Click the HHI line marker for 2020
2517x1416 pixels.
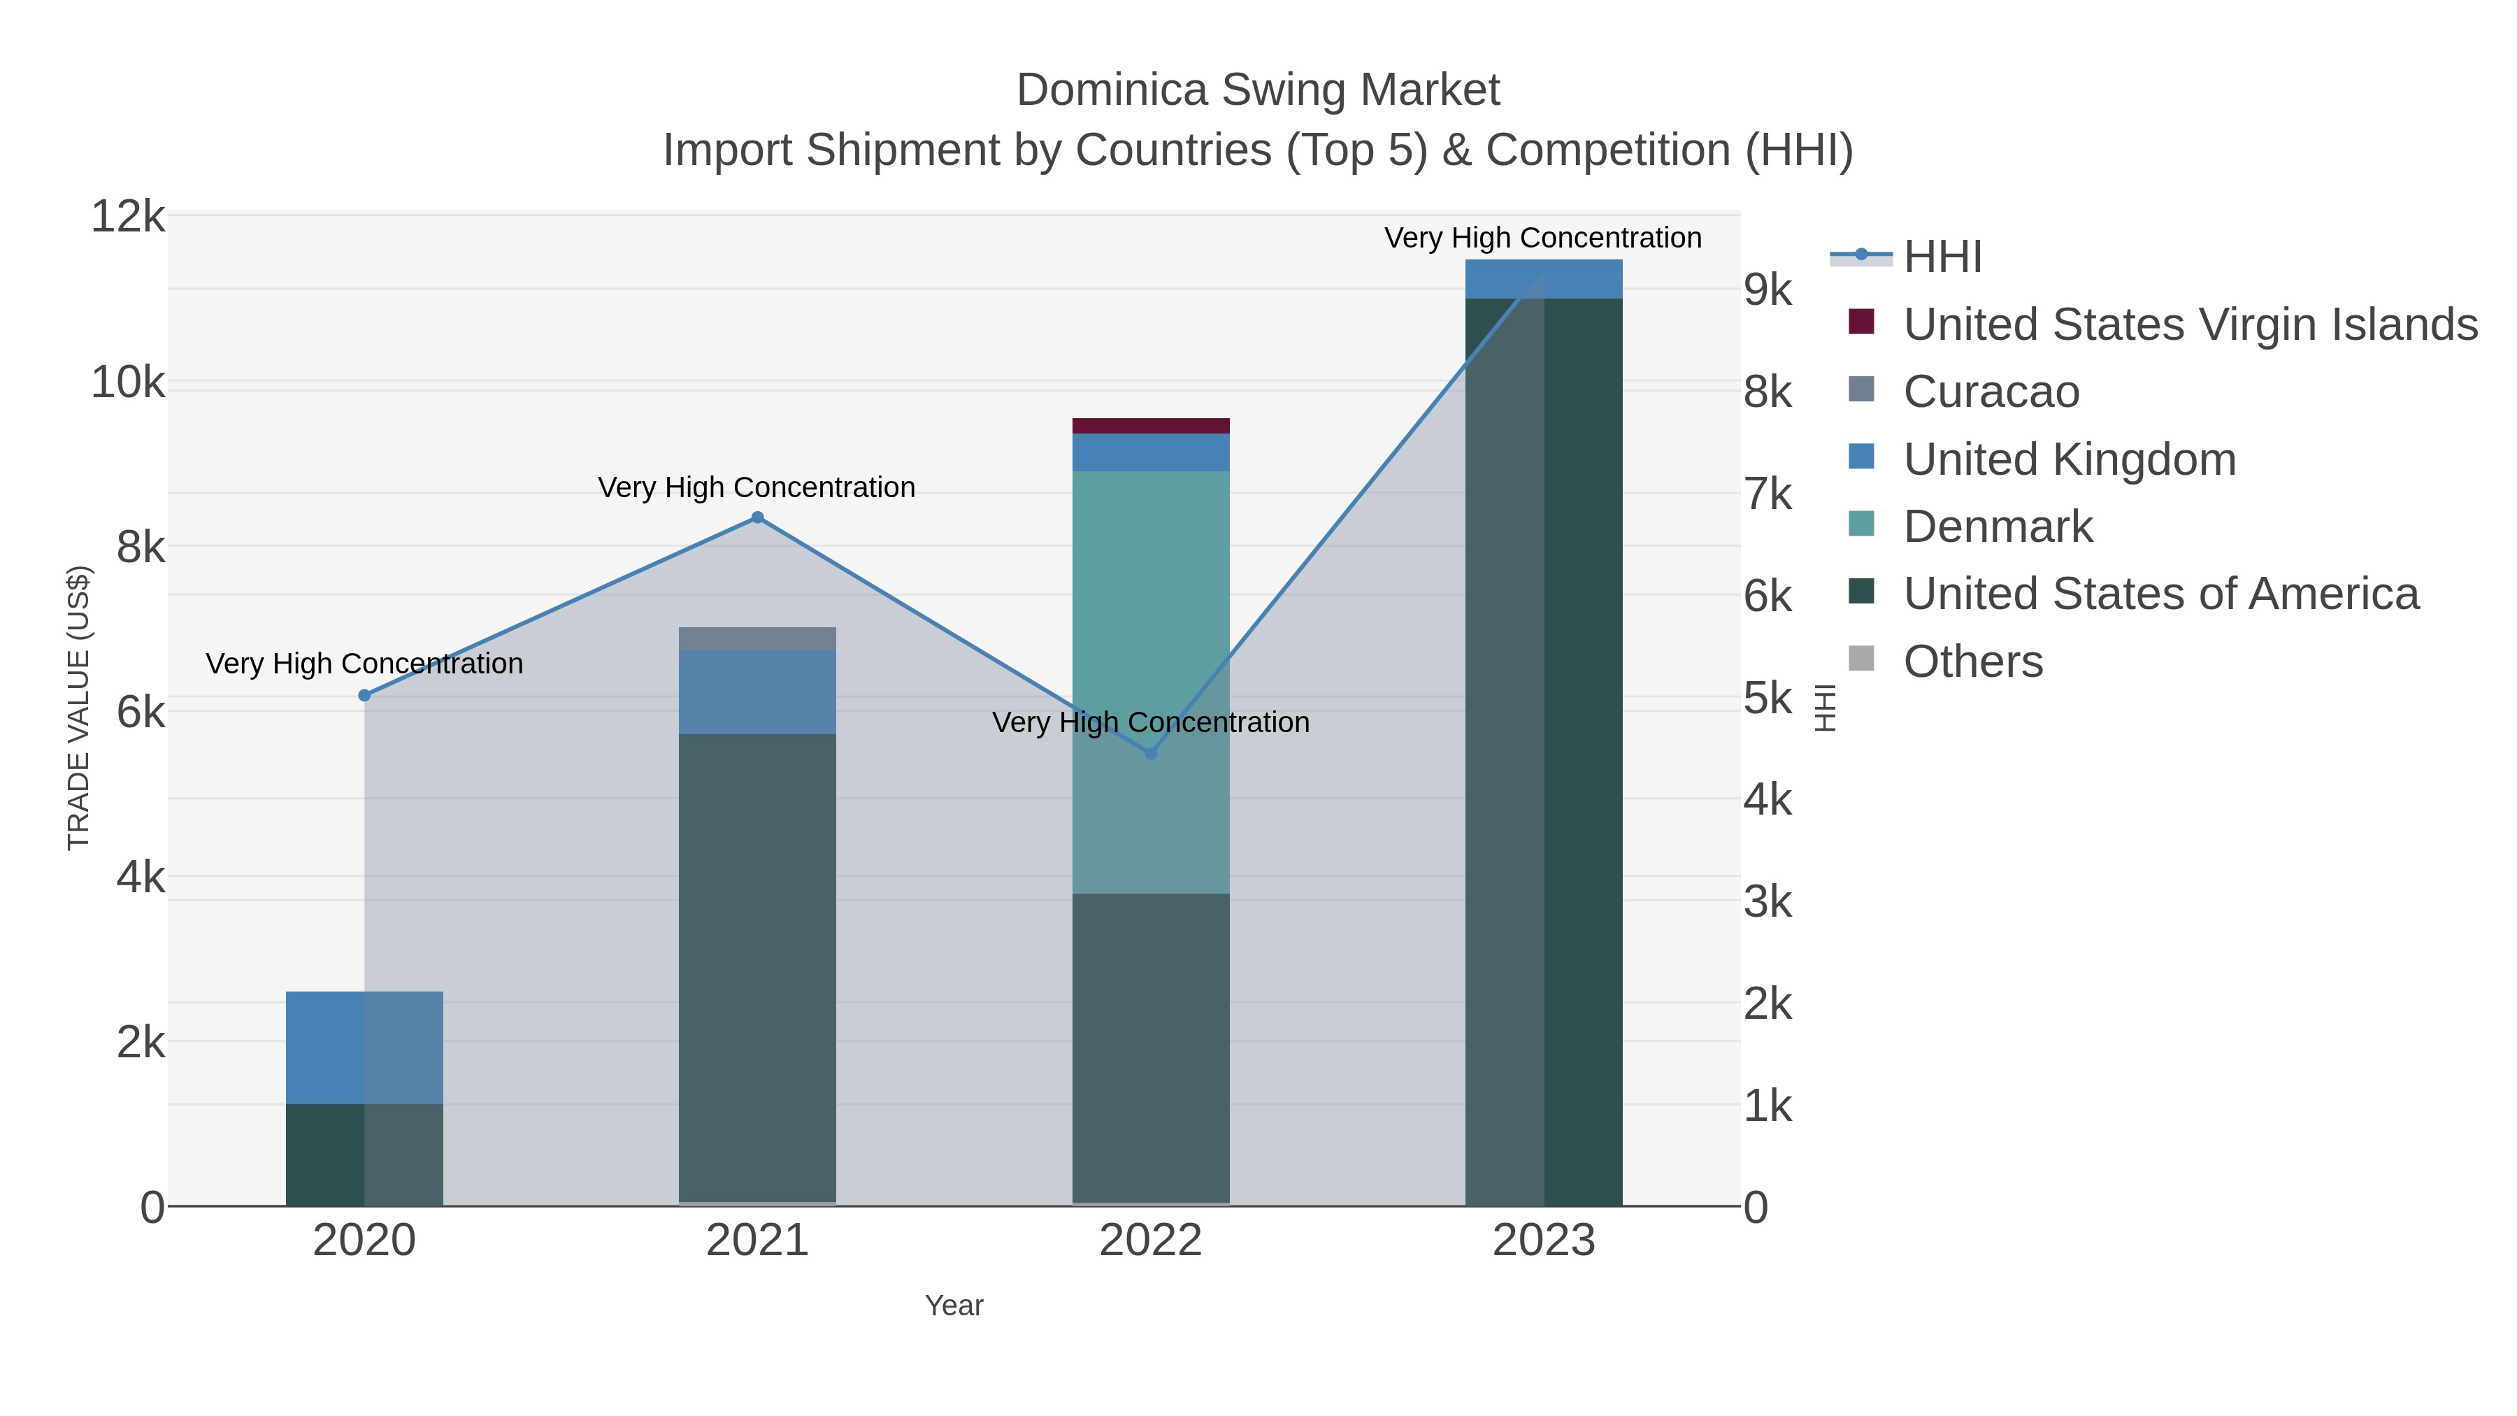pyautogui.click(x=364, y=695)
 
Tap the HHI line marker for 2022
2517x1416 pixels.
pyautogui.click(x=1150, y=753)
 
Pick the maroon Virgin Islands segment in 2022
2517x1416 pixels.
pyautogui.click(x=1150, y=426)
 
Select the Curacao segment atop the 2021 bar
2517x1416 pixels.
pyautogui.click(x=757, y=638)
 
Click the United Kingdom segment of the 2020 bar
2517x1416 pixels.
pyautogui.click(x=364, y=1047)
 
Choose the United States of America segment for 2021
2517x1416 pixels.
pyautogui.click(x=757, y=968)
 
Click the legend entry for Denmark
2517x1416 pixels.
pyautogui.click(x=1998, y=527)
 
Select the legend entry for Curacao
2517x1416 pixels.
pyautogui.click(x=1991, y=392)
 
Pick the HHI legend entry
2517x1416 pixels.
pyautogui.click(x=1942, y=257)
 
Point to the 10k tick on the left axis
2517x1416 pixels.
pyautogui.click(x=128, y=382)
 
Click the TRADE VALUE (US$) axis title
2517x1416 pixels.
pyautogui.click(x=78, y=708)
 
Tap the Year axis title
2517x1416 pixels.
pyautogui.click(x=954, y=1306)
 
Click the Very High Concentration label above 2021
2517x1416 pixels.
pyautogui.click(x=756, y=487)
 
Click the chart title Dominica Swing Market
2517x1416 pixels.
pyautogui.click(x=1258, y=90)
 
